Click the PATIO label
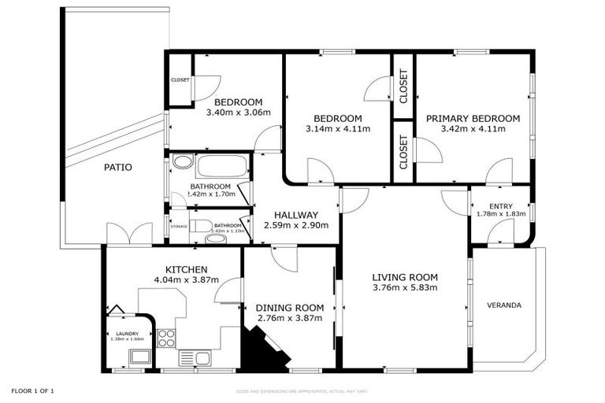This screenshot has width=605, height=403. point(117,167)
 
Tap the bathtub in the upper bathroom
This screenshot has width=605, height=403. point(221,166)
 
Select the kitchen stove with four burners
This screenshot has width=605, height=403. point(167,338)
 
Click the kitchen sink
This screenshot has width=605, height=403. point(195,358)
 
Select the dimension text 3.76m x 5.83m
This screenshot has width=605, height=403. point(404,287)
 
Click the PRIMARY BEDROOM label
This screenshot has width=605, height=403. point(473,118)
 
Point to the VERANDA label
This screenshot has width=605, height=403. point(504,305)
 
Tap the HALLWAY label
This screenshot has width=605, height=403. point(295,215)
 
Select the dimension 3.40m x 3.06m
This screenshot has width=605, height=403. point(238,113)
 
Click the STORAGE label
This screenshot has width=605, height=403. point(180,227)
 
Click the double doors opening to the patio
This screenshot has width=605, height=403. point(129,234)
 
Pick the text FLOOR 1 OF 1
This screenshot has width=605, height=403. point(32,390)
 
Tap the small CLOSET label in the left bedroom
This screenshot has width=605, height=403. point(180,80)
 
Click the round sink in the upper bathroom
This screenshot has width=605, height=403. point(182,163)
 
